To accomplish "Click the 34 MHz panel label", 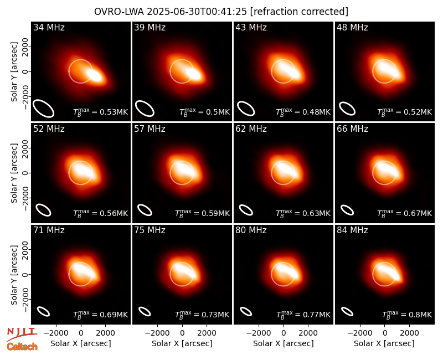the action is coord(49,27).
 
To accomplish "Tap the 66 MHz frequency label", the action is coord(352,129).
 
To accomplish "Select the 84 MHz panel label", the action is coord(352,230).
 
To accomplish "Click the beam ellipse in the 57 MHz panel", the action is coord(145,210).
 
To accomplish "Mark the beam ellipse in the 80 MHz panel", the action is coord(246,311).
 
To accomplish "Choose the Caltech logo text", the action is coord(22,347).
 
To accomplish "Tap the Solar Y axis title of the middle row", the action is coord(14,173).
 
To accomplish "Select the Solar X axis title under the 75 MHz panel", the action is coord(182,343).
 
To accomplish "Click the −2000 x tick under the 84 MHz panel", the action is coord(359,333).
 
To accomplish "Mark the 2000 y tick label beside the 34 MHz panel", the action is coord(25,47).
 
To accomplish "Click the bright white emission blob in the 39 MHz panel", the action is coord(193,74).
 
